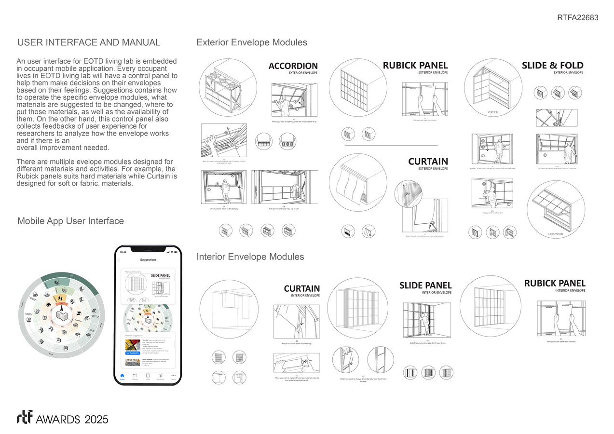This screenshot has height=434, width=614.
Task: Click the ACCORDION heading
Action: click(x=293, y=66)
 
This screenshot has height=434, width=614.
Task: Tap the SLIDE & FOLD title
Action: click(x=552, y=66)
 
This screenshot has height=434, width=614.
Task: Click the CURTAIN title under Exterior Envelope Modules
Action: click(x=428, y=162)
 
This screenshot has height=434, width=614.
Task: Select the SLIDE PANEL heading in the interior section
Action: click(x=425, y=285)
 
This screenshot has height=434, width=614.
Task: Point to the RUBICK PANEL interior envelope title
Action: click(x=555, y=284)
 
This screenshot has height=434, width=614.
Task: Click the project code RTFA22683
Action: click(x=577, y=18)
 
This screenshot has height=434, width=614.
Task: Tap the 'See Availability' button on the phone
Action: click(x=133, y=353)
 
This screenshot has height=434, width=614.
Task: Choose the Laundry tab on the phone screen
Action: click(x=161, y=376)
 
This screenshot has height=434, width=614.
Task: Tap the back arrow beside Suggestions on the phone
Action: click(x=120, y=260)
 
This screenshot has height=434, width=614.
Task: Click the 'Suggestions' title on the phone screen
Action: click(x=148, y=260)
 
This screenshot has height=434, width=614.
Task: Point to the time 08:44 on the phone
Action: click(x=123, y=252)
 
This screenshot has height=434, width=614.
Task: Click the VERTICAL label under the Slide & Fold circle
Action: click(x=493, y=112)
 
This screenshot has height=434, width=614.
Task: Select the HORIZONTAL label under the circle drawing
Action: click(x=556, y=234)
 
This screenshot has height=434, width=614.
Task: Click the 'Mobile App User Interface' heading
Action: click(x=70, y=221)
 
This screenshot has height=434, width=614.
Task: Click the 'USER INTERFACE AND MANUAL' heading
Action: click(x=89, y=42)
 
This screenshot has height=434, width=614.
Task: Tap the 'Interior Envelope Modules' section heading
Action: click(x=250, y=257)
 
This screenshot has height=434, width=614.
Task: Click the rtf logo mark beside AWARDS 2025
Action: click(x=24, y=418)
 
